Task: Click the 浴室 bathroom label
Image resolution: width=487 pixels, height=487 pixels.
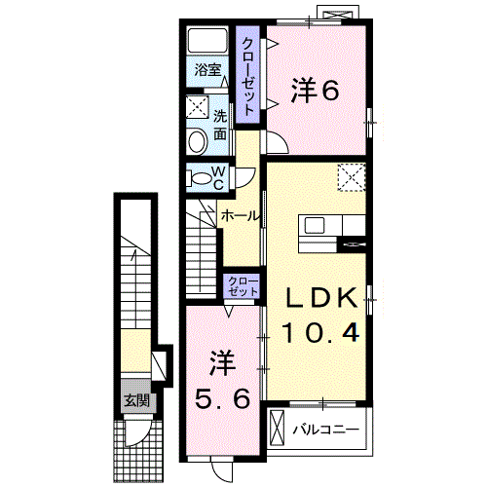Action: pyautogui.click(x=206, y=70)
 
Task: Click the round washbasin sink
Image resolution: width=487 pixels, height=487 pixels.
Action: pyautogui.click(x=195, y=142)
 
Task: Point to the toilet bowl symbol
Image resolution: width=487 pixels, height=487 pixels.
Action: pyautogui.click(x=200, y=178)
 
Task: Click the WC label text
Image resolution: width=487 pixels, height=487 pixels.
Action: pyautogui.click(x=219, y=178)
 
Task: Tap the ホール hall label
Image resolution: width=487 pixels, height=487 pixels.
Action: pyautogui.click(x=240, y=215)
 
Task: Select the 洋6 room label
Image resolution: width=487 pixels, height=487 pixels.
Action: pyautogui.click(x=315, y=91)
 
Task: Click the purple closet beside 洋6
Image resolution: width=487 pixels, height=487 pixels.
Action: pyautogui.click(x=249, y=77)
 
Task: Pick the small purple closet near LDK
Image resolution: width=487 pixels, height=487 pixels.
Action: pyautogui.click(x=243, y=286)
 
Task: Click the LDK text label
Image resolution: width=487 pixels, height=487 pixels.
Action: pyautogui.click(x=322, y=298)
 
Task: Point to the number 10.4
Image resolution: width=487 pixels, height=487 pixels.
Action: pyautogui.click(x=322, y=331)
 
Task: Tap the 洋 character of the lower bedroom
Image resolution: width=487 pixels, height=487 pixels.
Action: pyautogui.click(x=222, y=362)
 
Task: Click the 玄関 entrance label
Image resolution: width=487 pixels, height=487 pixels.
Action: pyautogui.click(x=134, y=399)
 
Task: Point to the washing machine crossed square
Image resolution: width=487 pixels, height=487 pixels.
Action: pyautogui.click(x=197, y=106)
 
